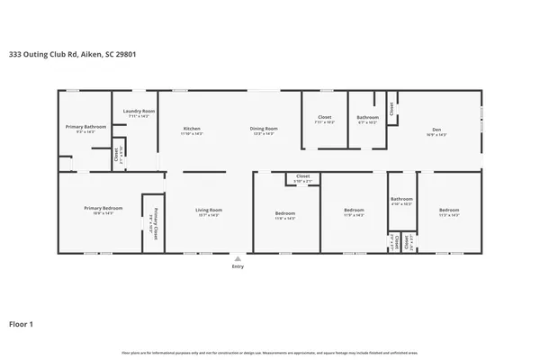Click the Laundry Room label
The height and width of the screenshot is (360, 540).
(139, 112)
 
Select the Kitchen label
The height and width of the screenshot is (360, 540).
(192, 130)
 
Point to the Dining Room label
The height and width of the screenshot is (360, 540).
(264, 130)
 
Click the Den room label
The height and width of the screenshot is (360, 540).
(436, 130)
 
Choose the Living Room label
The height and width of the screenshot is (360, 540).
(209, 211)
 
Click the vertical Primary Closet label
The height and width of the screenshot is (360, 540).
(154, 220)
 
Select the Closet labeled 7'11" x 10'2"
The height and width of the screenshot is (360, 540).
(325, 118)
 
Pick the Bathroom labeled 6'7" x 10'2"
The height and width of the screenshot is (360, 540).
(367, 118)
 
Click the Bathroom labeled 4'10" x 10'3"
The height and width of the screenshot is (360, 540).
(401, 200)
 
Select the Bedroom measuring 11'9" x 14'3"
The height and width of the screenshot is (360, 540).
(354, 211)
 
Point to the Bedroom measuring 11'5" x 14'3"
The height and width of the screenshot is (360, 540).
(448, 212)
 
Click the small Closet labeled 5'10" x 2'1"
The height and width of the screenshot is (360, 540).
(303, 177)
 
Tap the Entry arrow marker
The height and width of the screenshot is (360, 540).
(238, 257)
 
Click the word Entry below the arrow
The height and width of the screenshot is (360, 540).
(238, 266)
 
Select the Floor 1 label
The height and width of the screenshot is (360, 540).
(21, 323)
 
